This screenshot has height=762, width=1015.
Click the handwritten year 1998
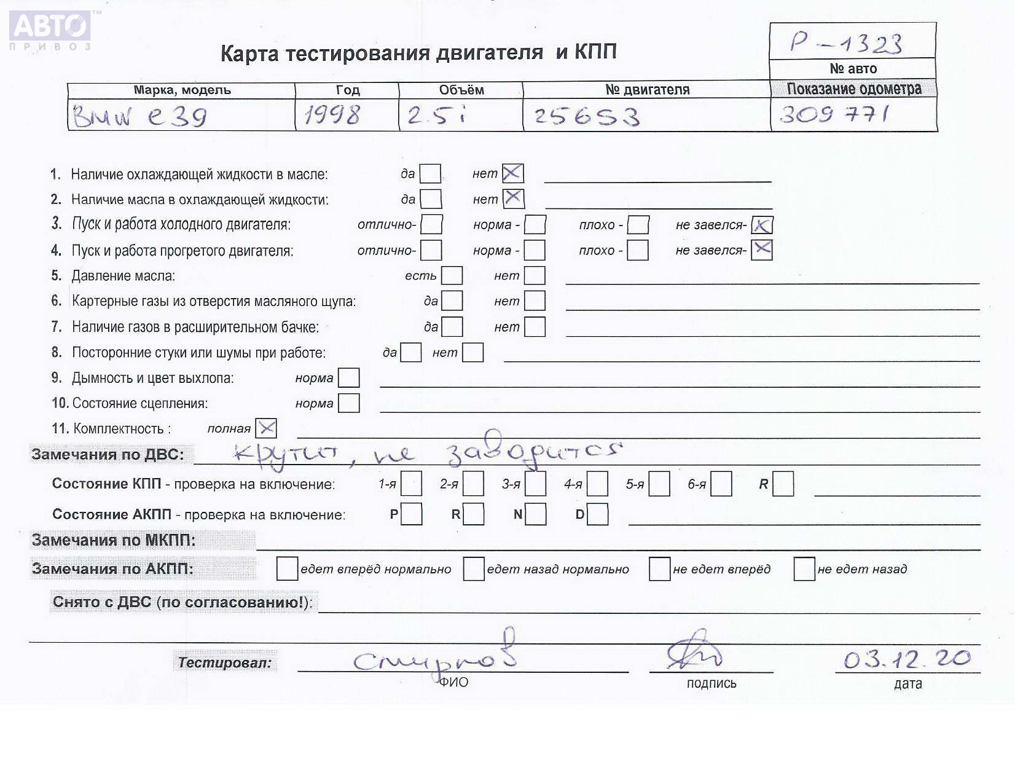[x=332, y=115]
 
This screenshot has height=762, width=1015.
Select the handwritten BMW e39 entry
[x=140, y=116]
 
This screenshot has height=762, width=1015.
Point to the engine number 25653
[x=587, y=116]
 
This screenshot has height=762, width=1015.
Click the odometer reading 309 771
[x=834, y=114]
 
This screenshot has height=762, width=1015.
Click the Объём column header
[x=461, y=90]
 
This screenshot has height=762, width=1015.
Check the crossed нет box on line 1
[x=513, y=174]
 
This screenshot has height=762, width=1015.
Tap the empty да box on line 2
[x=431, y=199]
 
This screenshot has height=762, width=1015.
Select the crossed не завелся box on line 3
[x=762, y=226]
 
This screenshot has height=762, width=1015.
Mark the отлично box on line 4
[x=431, y=250]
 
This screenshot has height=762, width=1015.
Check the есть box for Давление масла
[x=452, y=276]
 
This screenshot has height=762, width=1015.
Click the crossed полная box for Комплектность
[x=267, y=428]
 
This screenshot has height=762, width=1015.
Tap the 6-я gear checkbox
[x=721, y=484]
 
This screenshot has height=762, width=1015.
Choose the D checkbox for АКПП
[x=597, y=514]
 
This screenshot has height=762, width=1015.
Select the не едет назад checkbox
[x=804, y=569]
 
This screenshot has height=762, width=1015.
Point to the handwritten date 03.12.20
[x=907, y=659]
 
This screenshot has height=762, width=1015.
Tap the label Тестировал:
[x=225, y=663]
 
